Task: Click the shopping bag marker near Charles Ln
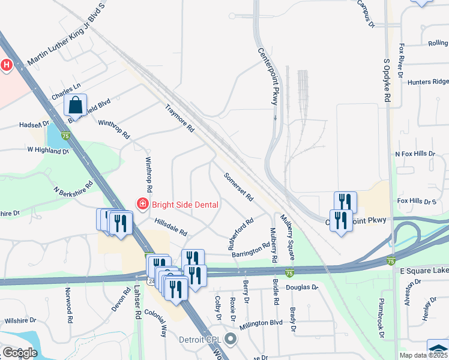click(x=76, y=105)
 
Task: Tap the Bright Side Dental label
click(x=185, y=204)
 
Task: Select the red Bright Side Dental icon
click(x=143, y=204)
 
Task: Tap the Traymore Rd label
click(x=180, y=118)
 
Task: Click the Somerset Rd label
click(x=238, y=187)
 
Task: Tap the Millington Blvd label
click(x=261, y=323)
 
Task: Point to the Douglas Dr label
click(x=301, y=287)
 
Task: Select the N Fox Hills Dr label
click(x=415, y=154)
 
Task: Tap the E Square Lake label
click(x=424, y=271)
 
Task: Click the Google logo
click(x=19, y=352)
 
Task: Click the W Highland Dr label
click(x=48, y=150)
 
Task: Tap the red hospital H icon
click(x=6, y=65)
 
